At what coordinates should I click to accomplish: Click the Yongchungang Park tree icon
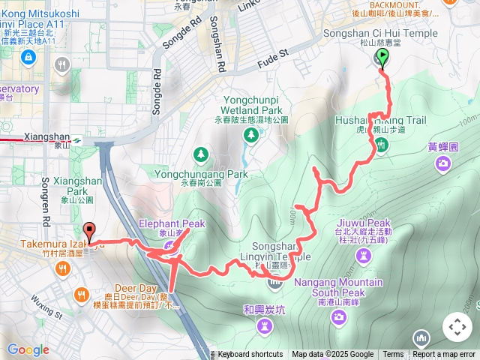click(201, 154)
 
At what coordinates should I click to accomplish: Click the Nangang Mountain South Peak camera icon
click(339, 317)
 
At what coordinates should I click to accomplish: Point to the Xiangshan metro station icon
click(78, 138)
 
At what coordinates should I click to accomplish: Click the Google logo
click(28, 349)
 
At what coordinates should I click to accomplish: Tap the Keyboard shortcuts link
click(250, 355)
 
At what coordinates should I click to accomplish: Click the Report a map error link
click(444, 355)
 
